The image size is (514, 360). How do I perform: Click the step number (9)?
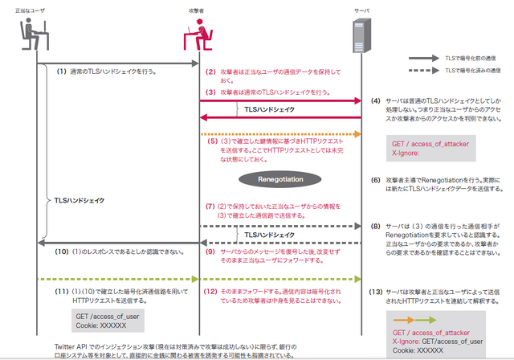point(211,252)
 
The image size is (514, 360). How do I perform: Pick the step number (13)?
point(375,290)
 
